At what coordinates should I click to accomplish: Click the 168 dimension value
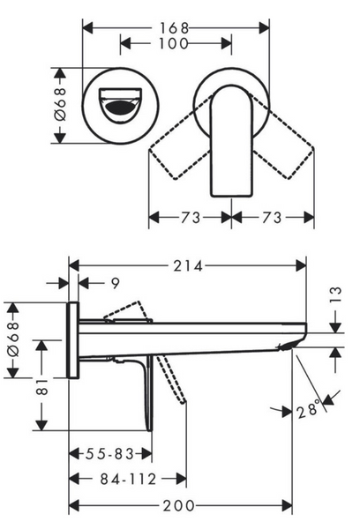coord(174,28)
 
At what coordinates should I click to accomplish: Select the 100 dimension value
coord(174,43)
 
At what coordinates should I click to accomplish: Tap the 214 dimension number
coord(188,266)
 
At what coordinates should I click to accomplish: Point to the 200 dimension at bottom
coord(179,506)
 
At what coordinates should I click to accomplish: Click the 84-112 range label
coord(128,479)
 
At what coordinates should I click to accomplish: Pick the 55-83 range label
coord(109,454)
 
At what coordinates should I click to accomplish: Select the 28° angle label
coord(308,409)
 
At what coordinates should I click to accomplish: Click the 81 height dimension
coord(42,386)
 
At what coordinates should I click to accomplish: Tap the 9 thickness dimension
coord(116,283)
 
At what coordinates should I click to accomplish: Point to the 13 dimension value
coord(335,294)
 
